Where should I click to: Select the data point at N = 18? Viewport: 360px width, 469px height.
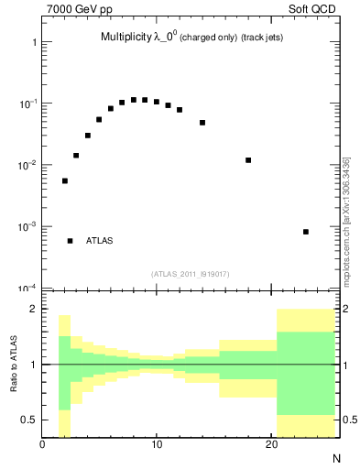tap(248, 160)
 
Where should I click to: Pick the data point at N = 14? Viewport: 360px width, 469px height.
tap(202, 123)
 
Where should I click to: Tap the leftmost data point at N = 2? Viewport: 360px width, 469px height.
tap(65, 181)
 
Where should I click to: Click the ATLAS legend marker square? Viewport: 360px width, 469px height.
tap(71, 241)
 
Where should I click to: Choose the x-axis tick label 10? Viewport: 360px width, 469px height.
tap(157, 446)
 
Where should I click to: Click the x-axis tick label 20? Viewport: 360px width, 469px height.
tap(271, 446)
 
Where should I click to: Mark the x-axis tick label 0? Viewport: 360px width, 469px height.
tap(43, 446)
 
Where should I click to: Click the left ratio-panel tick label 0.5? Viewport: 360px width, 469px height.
tap(29, 420)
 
